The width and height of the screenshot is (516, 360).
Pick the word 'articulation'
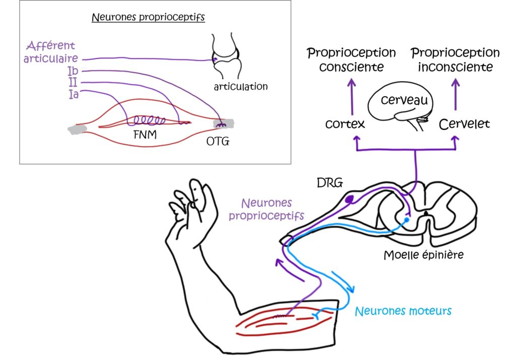(240, 87)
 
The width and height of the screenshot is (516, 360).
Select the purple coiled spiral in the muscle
(149, 121)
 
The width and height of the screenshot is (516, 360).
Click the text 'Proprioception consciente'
(351, 59)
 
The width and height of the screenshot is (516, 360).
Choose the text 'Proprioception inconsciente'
(455, 59)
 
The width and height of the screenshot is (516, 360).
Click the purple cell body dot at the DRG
(349, 201)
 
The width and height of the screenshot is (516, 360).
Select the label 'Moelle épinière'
(423, 255)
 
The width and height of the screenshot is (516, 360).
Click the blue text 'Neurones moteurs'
(403, 311)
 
